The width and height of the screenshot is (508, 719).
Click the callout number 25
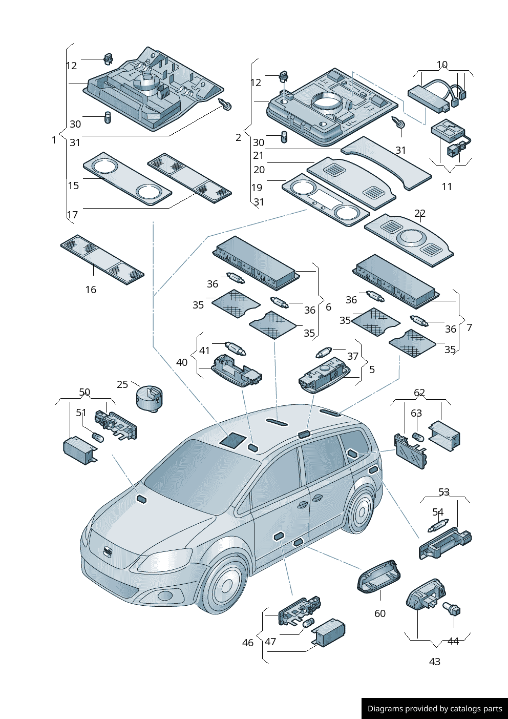pyautogui.click(x=122, y=384)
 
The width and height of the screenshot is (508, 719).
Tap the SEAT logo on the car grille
pyautogui.click(x=108, y=552)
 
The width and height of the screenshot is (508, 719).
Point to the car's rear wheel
pyautogui.click(x=362, y=510)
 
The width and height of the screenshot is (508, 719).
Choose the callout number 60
pyautogui.click(x=380, y=613)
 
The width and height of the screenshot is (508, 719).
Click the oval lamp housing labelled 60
pyautogui.click(x=379, y=577)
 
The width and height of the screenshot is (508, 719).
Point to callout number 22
pyautogui.click(x=420, y=213)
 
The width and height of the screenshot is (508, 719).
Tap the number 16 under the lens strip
pyautogui.click(x=91, y=290)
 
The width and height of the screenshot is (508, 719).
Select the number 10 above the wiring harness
pyautogui.click(x=442, y=65)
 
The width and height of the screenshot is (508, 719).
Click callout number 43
pyautogui.click(x=435, y=662)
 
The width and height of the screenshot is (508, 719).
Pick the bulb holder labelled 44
pyautogui.click(x=452, y=609)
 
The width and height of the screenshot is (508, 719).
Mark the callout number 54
pyautogui.click(x=438, y=512)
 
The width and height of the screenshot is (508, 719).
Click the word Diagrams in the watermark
pyautogui.click(x=385, y=709)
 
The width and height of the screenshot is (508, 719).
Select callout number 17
pyautogui.click(x=73, y=215)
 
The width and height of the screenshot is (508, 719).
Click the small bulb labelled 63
pyautogui.click(x=417, y=437)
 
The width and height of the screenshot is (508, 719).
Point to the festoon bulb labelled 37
pyautogui.click(x=324, y=353)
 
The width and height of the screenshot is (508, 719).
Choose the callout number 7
pyautogui.click(x=470, y=327)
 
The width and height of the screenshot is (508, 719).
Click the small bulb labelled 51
pyautogui.click(x=97, y=437)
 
